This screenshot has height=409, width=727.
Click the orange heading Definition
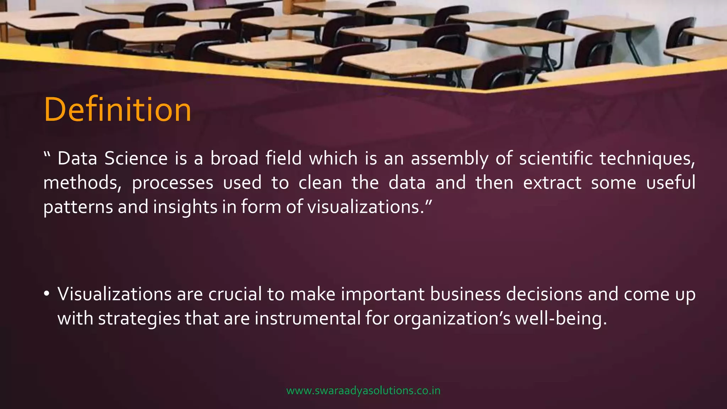tap(117, 110)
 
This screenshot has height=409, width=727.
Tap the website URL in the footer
tap(363, 391)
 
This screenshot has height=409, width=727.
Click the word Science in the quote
tap(136, 158)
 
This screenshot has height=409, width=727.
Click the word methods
tap(82, 183)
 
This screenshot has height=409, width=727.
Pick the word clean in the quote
tap(320, 183)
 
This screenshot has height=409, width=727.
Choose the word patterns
tap(78, 207)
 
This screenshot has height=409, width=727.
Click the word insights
tap(185, 207)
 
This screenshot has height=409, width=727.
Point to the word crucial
tap(235, 294)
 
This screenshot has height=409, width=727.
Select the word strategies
tap(139, 318)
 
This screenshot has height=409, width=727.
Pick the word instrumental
tap(308, 318)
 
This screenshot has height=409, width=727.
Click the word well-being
tap(561, 318)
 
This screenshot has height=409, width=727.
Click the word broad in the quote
tap(234, 158)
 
